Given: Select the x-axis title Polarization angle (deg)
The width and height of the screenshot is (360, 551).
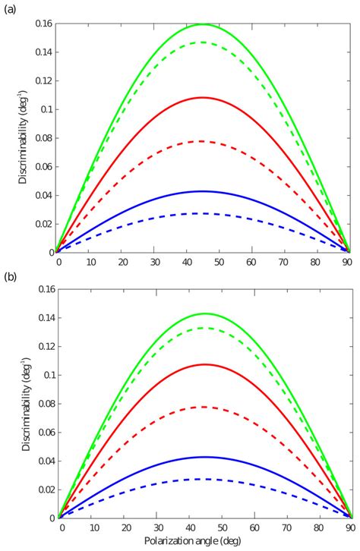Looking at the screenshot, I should click(204, 543).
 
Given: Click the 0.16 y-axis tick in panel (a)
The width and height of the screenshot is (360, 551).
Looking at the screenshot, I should click(43, 24).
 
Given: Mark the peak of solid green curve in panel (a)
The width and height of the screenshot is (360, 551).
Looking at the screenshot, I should click(204, 24).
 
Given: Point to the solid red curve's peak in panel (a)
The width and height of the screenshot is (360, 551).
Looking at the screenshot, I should click(204, 97).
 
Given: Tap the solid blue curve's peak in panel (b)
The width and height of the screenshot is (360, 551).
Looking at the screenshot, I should click(204, 457).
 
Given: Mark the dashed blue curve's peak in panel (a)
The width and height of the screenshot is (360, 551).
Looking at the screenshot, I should click(204, 213).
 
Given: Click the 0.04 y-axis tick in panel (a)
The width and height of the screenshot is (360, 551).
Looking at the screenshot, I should click(43, 195).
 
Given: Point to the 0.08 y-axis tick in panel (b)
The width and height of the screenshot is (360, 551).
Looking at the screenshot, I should click(43, 404).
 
